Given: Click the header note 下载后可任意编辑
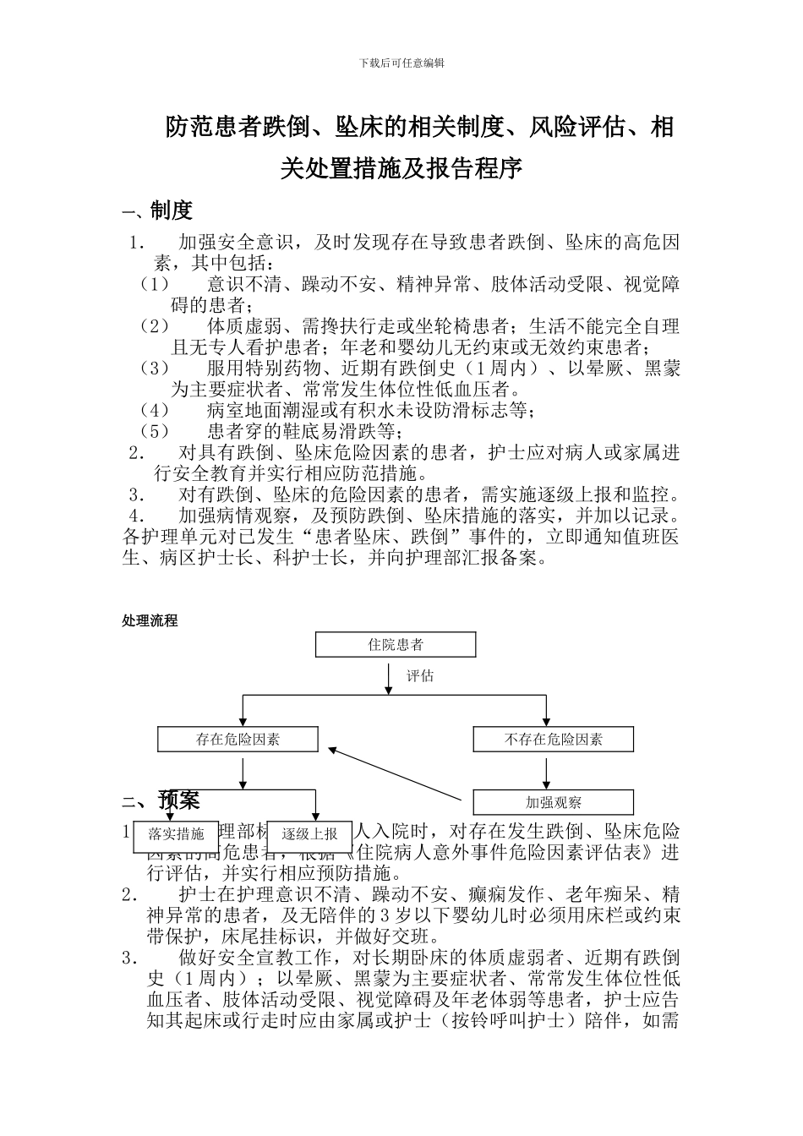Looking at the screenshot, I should tap(401, 63).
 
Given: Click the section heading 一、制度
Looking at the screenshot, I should tap(158, 210).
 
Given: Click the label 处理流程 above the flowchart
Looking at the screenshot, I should tap(150, 620).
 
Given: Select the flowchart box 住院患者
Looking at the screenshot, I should tap(396, 645).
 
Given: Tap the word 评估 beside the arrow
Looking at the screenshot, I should tap(420, 676).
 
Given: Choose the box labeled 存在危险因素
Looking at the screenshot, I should tap(238, 740).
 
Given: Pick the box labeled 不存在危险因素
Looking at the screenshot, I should tap(553, 740).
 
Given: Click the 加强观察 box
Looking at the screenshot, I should tap(553, 802).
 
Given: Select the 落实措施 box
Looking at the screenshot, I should tap(176, 834).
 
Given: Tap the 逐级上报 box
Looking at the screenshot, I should tap(309, 834).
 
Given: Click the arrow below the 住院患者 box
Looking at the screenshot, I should tap(388, 676).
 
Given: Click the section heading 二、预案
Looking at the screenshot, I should tap(161, 799).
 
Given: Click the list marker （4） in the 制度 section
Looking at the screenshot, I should tap(155, 411).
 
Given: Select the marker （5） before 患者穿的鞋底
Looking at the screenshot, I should tap(155, 432).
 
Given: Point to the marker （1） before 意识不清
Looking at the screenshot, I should tap(155, 284).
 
